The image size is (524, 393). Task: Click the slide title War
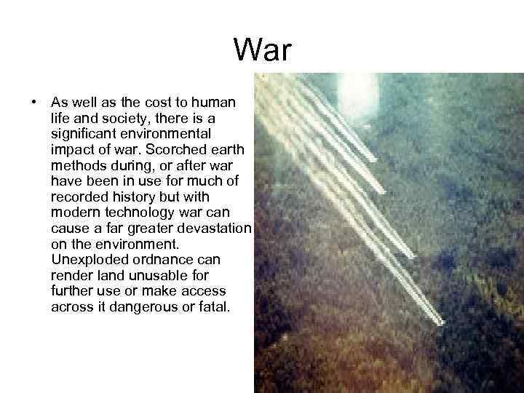(262, 51)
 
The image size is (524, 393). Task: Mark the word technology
(136, 213)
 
